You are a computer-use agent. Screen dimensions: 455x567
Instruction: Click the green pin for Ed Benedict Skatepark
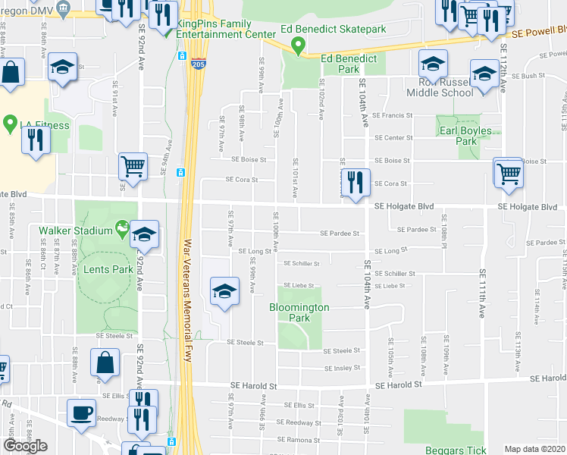[299, 47]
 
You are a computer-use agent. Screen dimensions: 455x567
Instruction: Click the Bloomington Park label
[299, 312]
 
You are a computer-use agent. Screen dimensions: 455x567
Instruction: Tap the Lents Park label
[112, 269]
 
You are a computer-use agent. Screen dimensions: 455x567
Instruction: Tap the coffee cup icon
[81, 413]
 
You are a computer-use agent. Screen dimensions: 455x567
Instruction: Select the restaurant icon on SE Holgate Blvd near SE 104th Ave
[353, 182]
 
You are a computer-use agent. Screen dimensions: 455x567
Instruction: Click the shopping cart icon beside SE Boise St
[508, 172]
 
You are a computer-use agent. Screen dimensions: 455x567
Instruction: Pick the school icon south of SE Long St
[224, 293]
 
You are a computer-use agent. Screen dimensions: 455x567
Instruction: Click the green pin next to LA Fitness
[11, 123]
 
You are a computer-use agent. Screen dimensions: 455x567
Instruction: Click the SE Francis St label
[392, 116]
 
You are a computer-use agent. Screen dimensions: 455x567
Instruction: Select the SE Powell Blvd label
[539, 34]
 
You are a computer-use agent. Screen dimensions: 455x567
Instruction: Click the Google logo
[25, 446]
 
